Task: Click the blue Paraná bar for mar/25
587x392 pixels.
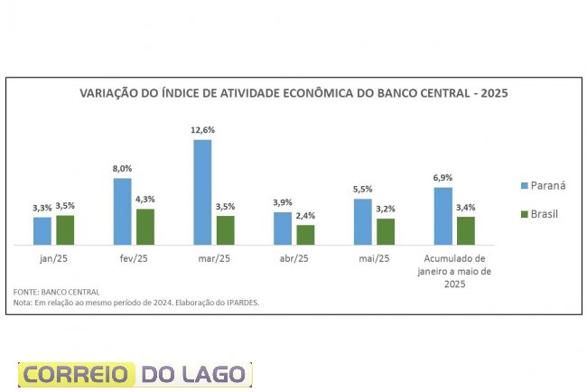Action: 202,191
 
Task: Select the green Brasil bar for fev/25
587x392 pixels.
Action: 145,227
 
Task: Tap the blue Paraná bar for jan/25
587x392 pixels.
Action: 42,230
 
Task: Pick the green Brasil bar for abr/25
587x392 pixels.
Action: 305,235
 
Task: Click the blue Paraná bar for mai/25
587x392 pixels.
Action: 363,221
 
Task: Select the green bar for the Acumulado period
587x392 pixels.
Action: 466,230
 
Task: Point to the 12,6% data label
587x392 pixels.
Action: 202,130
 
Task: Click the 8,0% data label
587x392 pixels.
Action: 122,169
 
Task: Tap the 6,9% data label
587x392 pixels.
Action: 443,178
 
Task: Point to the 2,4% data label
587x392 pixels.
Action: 306,216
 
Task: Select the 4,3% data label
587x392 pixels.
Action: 145,200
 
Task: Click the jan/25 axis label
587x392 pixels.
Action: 53,258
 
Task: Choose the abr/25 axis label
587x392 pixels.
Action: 294,258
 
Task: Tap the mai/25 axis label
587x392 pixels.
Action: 374,258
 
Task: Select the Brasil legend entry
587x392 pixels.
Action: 544,215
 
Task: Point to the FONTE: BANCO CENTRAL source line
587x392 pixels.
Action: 56,293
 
